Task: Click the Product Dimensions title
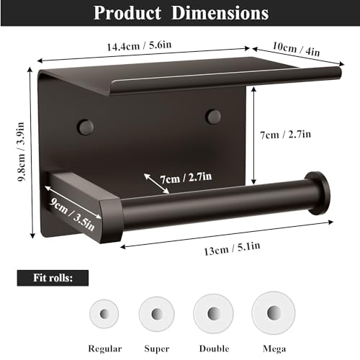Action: tap(180, 13)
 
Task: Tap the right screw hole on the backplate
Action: tap(212, 115)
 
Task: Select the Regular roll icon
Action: tap(105, 314)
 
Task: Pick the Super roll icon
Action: tap(157, 314)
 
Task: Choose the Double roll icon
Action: tap(214, 314)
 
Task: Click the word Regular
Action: tap(104, 348)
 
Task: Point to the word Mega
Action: tap(273, 348)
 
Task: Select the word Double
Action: tap(214, 348)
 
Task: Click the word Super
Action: tap(157, 348)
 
